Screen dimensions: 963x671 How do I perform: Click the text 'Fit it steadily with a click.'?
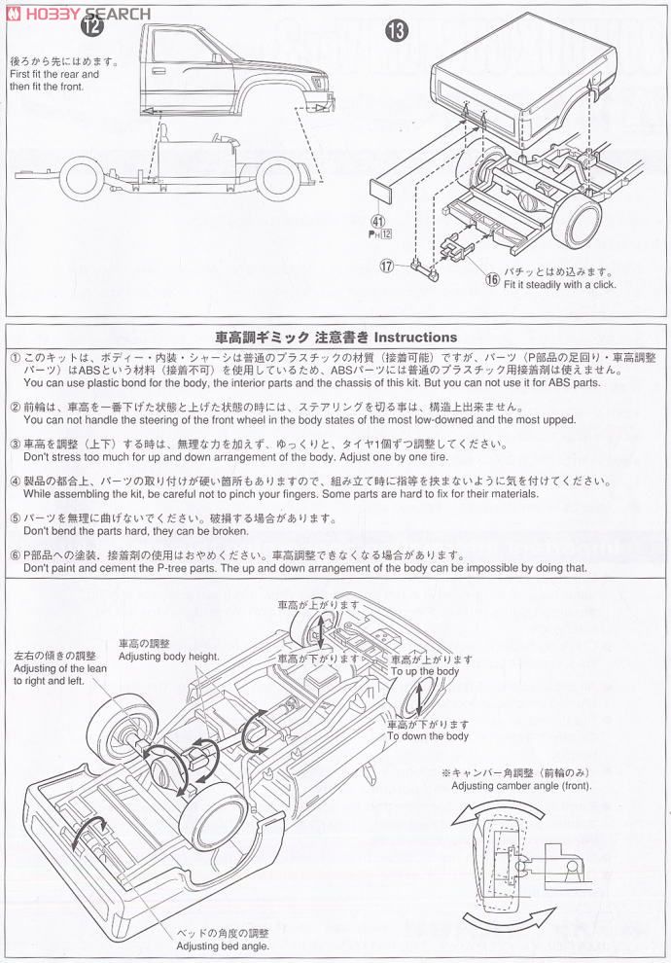[x=559, y=285]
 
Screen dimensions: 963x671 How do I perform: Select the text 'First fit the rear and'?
[x=53, y=74]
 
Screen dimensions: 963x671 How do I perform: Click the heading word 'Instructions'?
[x=415, y=337]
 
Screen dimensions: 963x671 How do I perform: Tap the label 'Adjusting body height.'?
[x=169, y=658]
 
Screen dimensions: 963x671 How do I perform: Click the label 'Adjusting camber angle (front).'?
[x=521, y=785]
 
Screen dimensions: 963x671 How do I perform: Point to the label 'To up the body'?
[x=424, y=672]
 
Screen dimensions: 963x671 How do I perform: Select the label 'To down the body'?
[x=428, y=736]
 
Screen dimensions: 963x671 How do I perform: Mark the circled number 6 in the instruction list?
[x=15, y=554]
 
